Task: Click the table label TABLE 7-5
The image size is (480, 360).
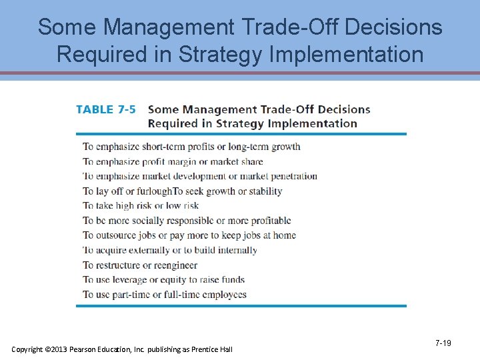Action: pyautogui.click(x=105, y=109)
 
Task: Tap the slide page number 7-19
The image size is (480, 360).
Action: pyautogui.click(x=443, y=343)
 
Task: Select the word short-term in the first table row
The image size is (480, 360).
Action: pyautogui.click(x=160, y=147)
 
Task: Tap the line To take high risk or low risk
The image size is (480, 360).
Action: pyautogui.click(x=141, y=206)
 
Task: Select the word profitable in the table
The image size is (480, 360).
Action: pyautogui.click(x=267, y=221)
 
